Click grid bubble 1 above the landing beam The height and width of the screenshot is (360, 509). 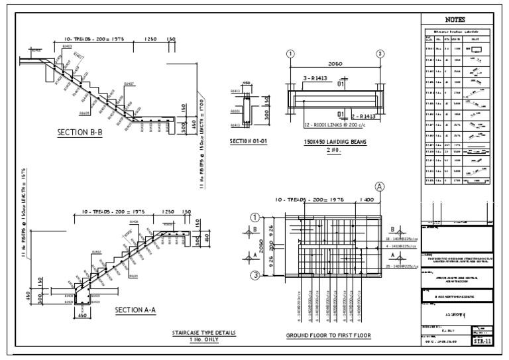pyautogui.click(x=290, y=54)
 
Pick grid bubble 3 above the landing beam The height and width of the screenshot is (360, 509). pyautogui.click(x=380, y=54)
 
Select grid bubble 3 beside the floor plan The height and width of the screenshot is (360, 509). pyautogui.click(x=254, y=275)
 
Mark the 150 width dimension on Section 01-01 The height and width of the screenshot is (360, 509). pyautogui.click(x=247, y=84)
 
